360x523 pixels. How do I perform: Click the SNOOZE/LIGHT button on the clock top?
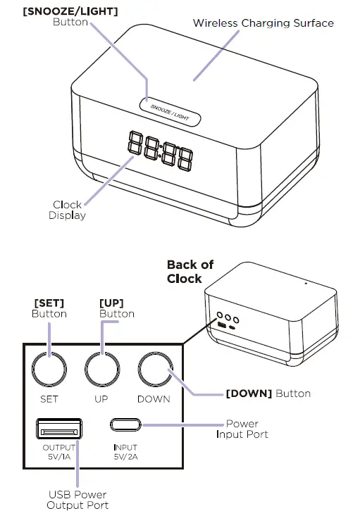click(x=170, y=112)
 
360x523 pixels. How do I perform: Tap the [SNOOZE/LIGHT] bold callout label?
click(x=70, y=11)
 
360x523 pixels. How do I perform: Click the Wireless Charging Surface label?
click(x=263, y=23)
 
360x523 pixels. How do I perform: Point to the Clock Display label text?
click(x=67, y=210)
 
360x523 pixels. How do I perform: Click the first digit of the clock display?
click(x=135, y=142)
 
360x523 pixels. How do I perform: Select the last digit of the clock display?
click(x=185, y=158)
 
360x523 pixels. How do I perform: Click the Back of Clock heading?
click(x=190, y=272)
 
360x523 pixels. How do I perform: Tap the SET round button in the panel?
click(x=49, y=370)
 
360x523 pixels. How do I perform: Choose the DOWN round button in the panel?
click(x=155, y=370)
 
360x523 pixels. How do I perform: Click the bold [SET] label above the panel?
click(x=49, y=303)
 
